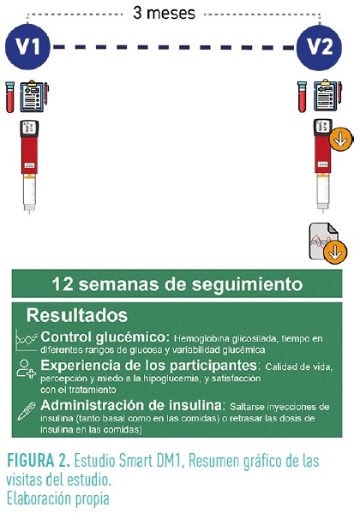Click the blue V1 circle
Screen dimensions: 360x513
pyautogui.click(x=27, y=47)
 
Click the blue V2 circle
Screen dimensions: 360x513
pyautogui.click(x=319, y=47)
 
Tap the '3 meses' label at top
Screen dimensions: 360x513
pyautogui.click(x=164, y=13)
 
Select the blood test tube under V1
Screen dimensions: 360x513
pyautogui.click(x=9, y=97)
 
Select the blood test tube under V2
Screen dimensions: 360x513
pyautogui.click(x=302, y=97)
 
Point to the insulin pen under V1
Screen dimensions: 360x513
pyautogui.click(x=29, y=167)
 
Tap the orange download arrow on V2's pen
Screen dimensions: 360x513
pyautogui.click(x=340, y=140)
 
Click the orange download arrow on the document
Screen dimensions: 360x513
pyautogui.click(x=335, y=252)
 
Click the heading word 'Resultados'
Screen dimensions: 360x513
pyautogui.click(x=77, y=315)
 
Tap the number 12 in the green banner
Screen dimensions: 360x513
pyautogui.click(x=63, y=283)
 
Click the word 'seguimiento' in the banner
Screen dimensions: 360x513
pyautogui.click(x=247, y=284)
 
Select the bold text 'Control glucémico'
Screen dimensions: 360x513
pyautogui.click(x=104, y=337)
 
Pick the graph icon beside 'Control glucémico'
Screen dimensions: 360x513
pyautogui.click(x=27, y=340)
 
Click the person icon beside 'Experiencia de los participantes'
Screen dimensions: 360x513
pyautogui.click(x=27, y=368)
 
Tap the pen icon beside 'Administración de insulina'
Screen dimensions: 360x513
pyautogui.click(x=27, y=411)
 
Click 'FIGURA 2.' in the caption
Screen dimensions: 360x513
pyautogui.click(x=39, y=461)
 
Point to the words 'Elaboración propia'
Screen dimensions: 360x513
pyautogui.click(x=57, y=499)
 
